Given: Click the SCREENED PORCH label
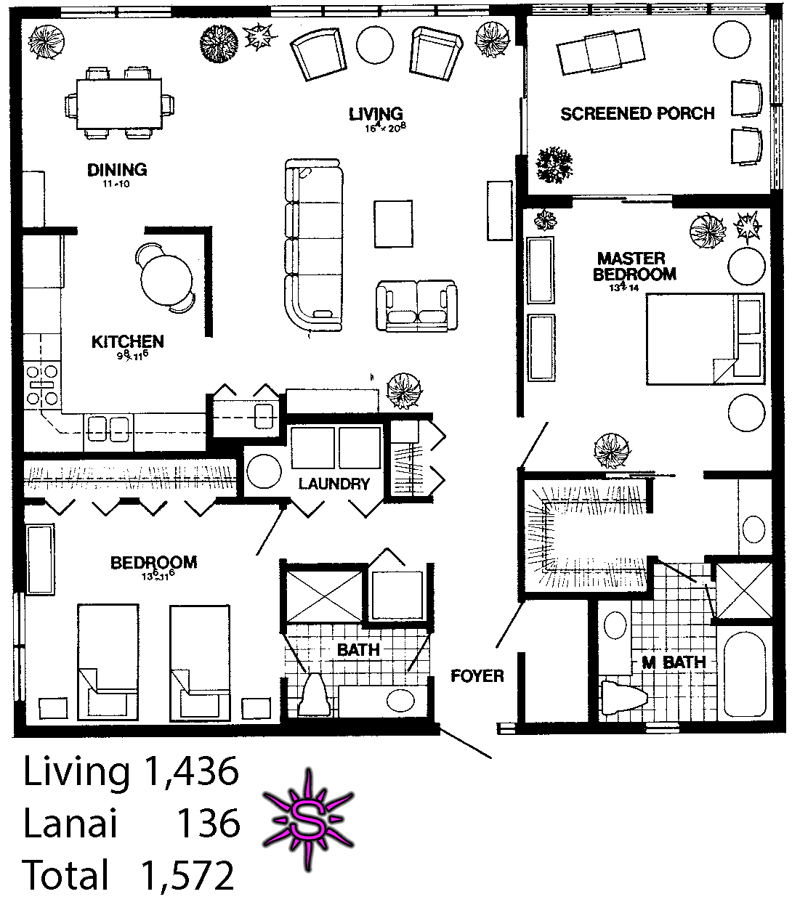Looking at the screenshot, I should point(637,113).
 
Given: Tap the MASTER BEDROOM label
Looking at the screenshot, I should point(634,267).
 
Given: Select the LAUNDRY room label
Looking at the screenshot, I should point(334,484).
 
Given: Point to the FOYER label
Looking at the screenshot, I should point(477,676).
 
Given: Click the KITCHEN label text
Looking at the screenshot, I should point(127,341).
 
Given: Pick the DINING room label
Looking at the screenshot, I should point(117,170).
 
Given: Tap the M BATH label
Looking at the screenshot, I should point(674,662).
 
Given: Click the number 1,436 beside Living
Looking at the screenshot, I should point(191,771).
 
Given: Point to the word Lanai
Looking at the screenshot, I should point(70,824).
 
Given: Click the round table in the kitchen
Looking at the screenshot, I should point(167,277).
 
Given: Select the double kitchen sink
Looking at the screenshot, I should point(108,428).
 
